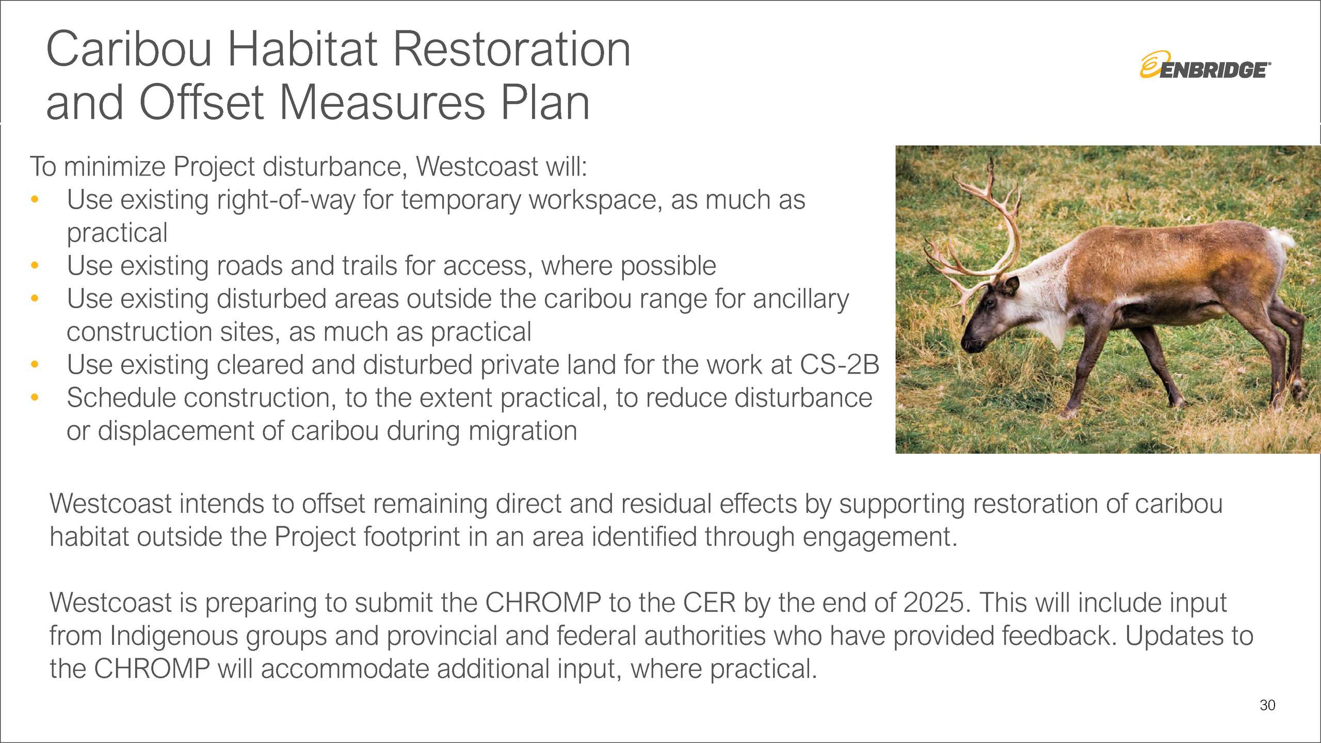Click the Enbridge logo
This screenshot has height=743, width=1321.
(1205, 65)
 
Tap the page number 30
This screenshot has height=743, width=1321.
(1267, 705)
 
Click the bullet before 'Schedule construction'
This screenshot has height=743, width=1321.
(35, 397)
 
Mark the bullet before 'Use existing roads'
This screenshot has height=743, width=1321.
(35, 265)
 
